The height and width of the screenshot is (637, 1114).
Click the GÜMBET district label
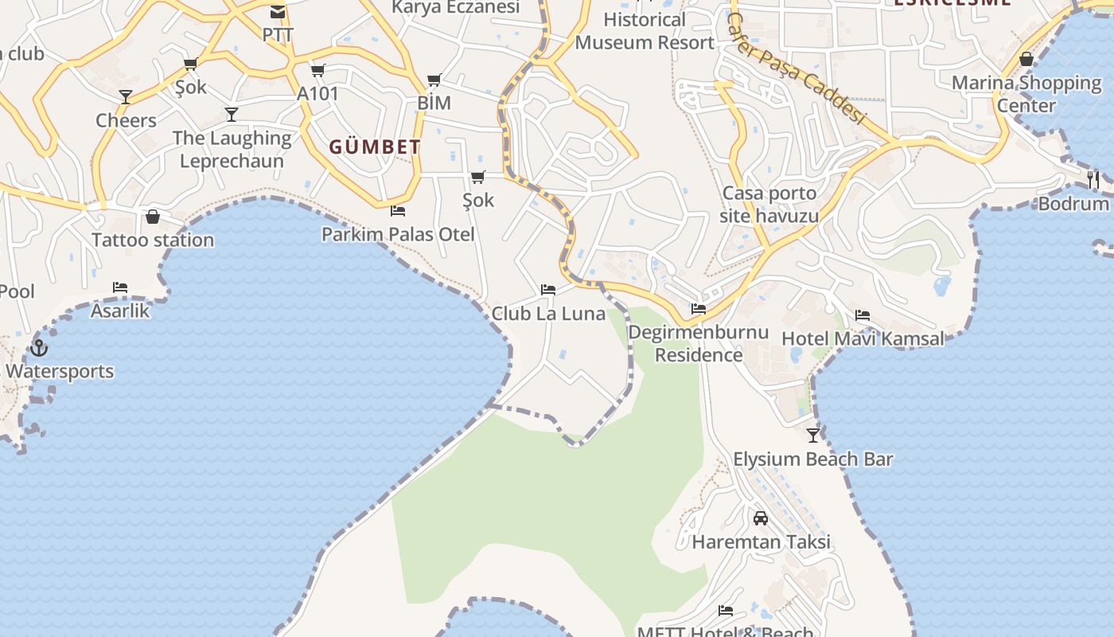tap(375, 147)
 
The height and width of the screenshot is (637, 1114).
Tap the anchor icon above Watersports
tap(38, 348)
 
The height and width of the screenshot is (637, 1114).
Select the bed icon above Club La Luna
tap(547, 290)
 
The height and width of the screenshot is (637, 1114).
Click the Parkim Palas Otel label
tap(398, 234)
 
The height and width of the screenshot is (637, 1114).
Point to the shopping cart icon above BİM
tap(434, 80)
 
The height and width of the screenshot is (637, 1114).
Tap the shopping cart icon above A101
tap(318, 71)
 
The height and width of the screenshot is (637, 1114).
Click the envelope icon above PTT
tap(278, 12)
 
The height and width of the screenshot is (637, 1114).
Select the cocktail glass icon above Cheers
tap(126, 97)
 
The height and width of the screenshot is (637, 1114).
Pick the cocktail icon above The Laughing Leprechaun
tap(232, 115)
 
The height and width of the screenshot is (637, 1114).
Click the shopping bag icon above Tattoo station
tap(153, 217)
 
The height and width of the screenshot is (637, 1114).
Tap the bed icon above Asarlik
tap(120, 287)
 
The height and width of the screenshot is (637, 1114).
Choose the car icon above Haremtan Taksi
tap(761, 518)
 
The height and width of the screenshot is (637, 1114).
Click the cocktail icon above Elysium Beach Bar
tap(813, 436)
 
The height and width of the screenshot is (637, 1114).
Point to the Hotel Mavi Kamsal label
tap(863, 338)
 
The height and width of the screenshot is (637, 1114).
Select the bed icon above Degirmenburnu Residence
tap(699, 309)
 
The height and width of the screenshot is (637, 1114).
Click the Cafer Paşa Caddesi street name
tap(796, 69)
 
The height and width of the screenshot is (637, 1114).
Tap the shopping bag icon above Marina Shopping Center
tap(1026, 60)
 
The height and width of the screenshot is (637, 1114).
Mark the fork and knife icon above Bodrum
tap(1093, 180)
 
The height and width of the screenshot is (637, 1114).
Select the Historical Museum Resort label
tap(645, 31)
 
